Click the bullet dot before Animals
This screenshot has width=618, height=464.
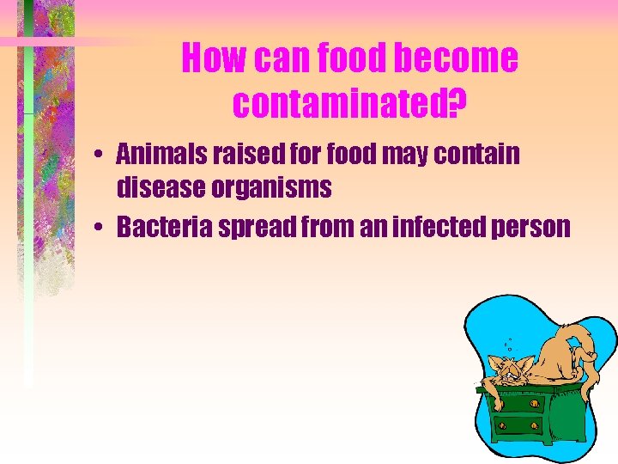coord(101,156)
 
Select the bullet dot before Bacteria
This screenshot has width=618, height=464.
coord(101,228)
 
